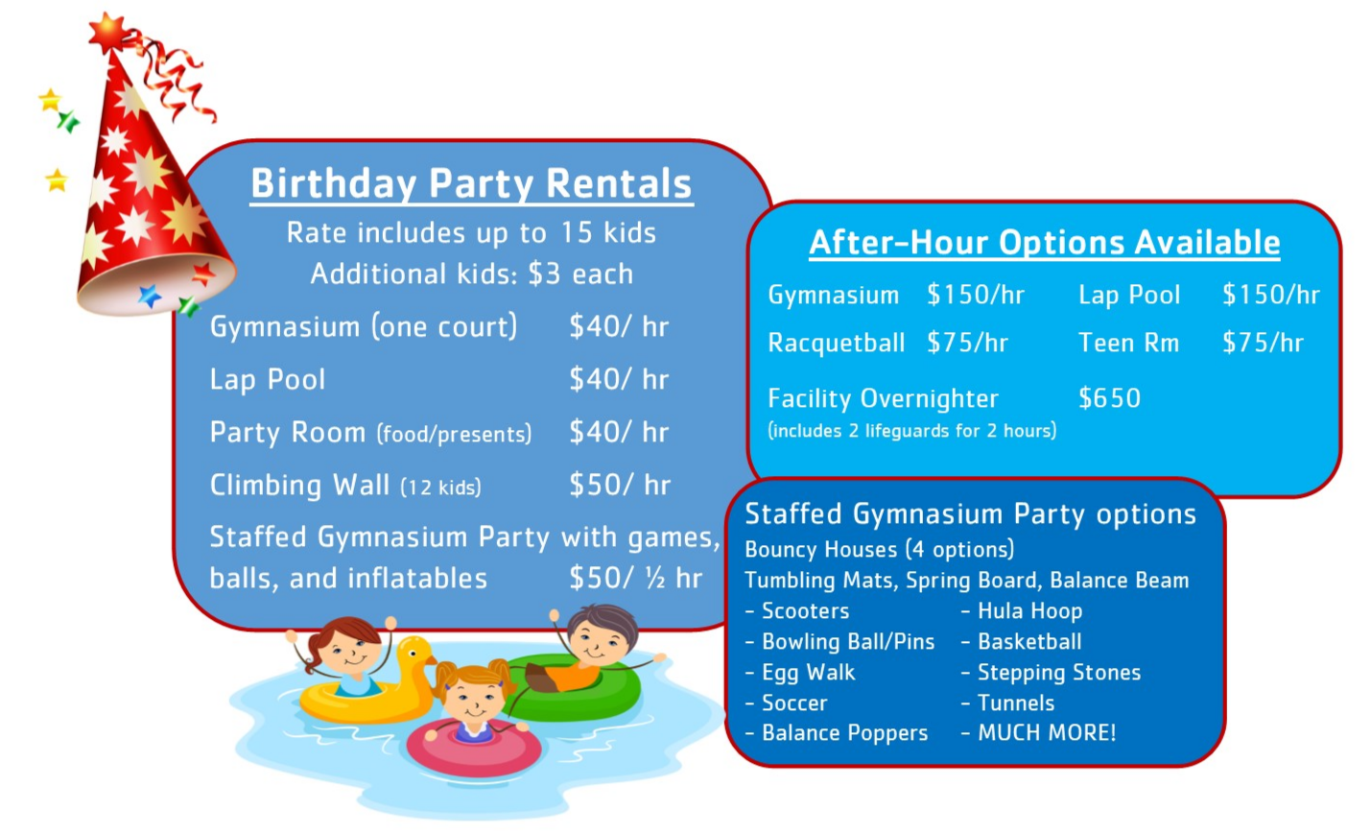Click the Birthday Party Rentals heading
[x=471, y=183]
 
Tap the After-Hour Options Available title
[x=1044, y=243]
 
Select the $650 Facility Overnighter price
[x=1109, y=398]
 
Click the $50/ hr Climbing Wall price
[x=620, y=485]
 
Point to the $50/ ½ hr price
[x=635, y=578]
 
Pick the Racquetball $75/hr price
[x=967, y=343]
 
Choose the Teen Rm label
[x=1128, y=343]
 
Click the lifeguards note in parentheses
[x=912, y=431]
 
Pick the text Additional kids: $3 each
[x=471, y=274]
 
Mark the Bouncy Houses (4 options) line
[x=879, y=550]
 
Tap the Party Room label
[x=288, y=432]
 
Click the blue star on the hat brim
[x=149, y=297]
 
